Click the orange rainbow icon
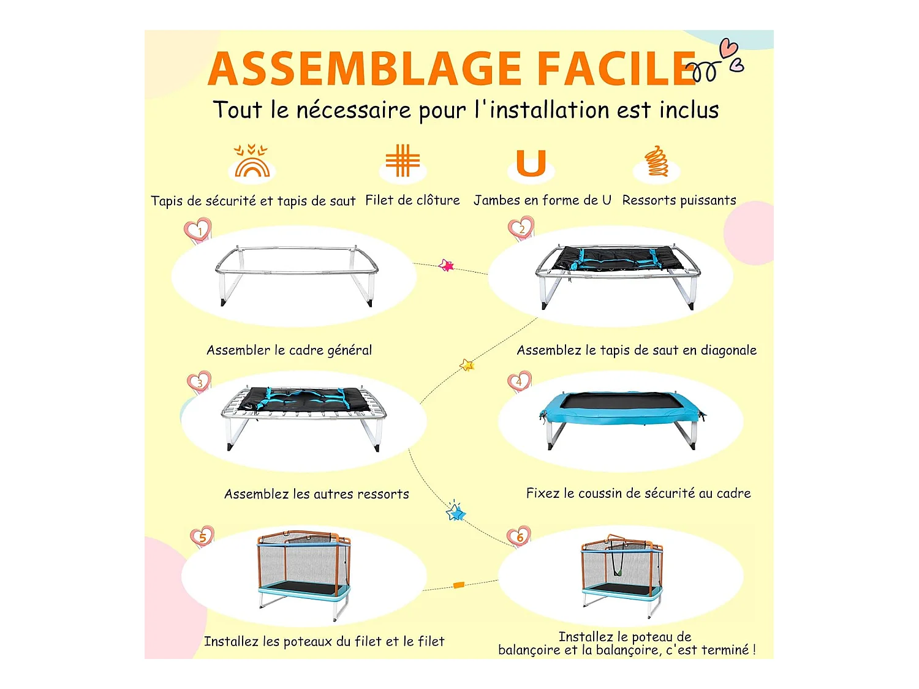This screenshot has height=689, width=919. tap(252, 161)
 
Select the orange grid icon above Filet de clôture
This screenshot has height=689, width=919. tap(402, 160)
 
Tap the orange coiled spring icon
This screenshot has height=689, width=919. tap(656, 161)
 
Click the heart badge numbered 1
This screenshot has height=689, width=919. tap(198, 230)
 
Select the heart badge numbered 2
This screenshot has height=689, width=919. tap(521, 228)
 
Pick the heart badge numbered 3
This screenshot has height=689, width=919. tap(199, 382)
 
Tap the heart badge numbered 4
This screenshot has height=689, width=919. tap(519, 382)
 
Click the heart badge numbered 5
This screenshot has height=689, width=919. tap(202, 537)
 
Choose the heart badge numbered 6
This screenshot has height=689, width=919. tap(519, 537)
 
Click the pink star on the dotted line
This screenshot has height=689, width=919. tap(446, 265)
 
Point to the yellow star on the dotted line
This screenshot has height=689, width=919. tap(467, 365)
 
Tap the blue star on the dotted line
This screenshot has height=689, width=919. tap(456, 511)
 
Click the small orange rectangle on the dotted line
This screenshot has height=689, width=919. tap(459, 585)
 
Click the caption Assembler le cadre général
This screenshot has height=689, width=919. tap(289, 350)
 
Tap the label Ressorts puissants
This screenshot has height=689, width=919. tap(679, 200)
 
